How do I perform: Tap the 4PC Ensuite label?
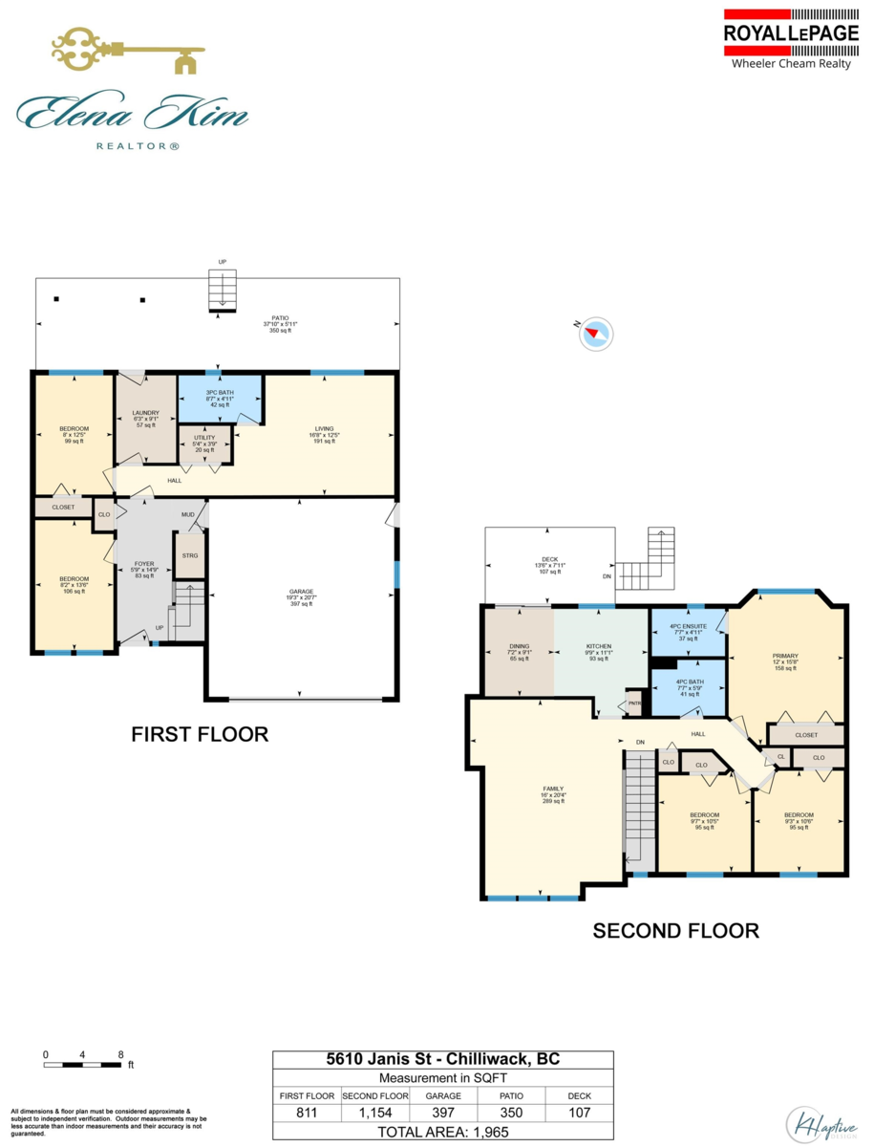688,632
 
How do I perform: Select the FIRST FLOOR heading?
199,734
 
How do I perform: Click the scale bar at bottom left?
83,1063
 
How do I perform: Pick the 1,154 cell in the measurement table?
374,1113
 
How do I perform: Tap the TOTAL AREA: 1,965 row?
443,1131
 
